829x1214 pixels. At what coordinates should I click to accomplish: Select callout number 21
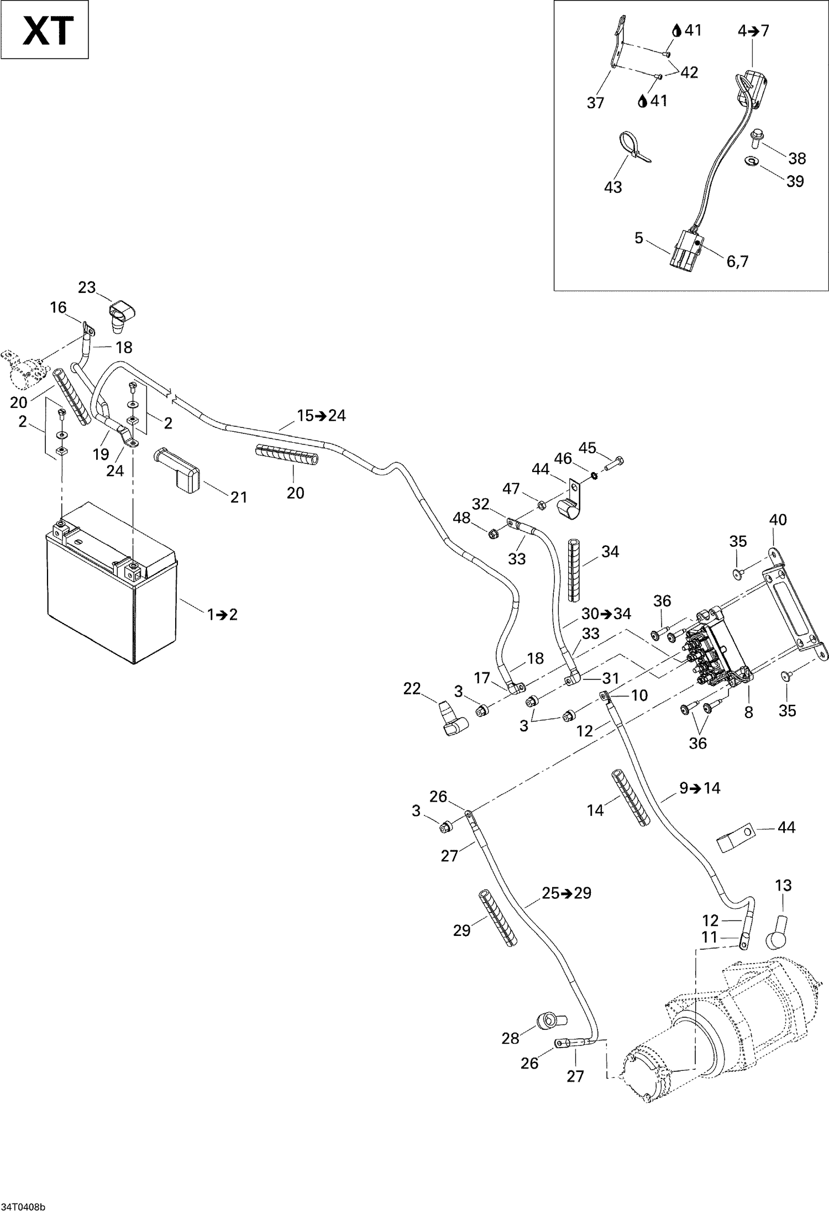click(239, 497)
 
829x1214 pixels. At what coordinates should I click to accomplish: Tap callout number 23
click(87, 287)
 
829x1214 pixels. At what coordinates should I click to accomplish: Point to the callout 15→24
click(321, 415)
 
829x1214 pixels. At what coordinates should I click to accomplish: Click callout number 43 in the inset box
click(613, 187)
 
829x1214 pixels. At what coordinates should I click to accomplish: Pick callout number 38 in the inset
click(796, 159)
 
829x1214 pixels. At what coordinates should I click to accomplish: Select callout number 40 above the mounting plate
click(778, 520)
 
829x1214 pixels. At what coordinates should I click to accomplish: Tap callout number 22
click(412, 689)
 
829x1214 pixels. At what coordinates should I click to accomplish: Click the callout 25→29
click(566, 892)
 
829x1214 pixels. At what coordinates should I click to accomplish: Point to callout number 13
click(783, 885)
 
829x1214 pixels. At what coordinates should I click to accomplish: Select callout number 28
click(510, 1038)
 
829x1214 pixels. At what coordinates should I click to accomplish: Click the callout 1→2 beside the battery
click(222, 614)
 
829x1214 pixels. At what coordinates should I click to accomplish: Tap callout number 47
click(511, 488)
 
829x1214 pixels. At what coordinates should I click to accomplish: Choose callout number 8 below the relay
click(748, 713)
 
